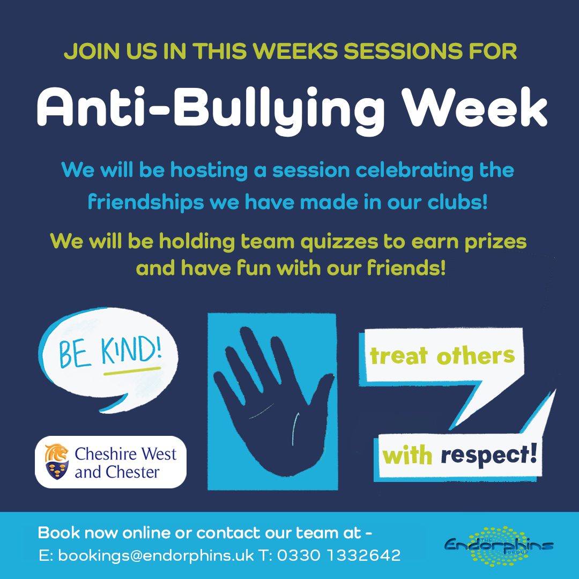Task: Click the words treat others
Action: click(442, 355)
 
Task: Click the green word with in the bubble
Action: click(407, 456)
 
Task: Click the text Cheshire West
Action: click(125, 454)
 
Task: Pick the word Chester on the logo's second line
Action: click(133, 473)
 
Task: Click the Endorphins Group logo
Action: click(499, 545)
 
